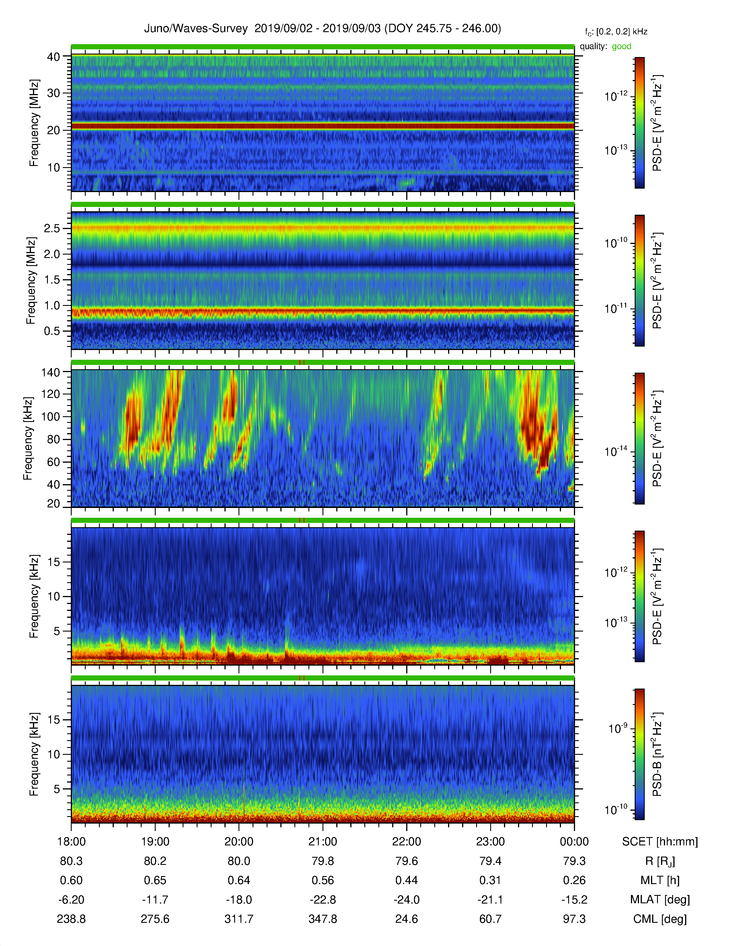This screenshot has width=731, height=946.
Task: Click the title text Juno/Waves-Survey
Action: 196,29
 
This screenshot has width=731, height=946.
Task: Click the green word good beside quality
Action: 621,46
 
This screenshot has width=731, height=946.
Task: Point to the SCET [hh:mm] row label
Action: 660,842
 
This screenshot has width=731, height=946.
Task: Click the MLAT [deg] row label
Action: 660,900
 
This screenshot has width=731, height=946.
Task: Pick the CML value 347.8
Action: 322,919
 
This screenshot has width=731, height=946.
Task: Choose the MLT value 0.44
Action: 407,880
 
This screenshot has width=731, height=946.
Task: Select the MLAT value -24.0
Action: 407,900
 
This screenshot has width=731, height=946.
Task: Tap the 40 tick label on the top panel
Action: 53,57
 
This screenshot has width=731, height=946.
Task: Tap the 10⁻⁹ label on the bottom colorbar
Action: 617,728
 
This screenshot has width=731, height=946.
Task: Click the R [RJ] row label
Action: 660,861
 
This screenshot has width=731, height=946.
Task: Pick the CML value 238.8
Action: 71,919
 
